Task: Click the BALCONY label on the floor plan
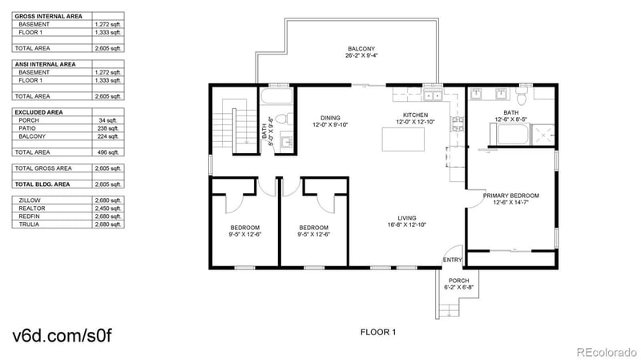tap(361, 48)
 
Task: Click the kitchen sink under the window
tap(433, 96)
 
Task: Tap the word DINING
tap(331, 117)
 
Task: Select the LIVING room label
tap(407, 217)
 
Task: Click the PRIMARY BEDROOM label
tap(510, 195)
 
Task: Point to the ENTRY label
tap(453, 259)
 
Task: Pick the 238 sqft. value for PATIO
tap(107, 128)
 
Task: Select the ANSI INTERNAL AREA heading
tap(46, 63)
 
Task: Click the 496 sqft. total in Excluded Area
tap(107, 152)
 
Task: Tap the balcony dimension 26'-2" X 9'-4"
tap(361, 56)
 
